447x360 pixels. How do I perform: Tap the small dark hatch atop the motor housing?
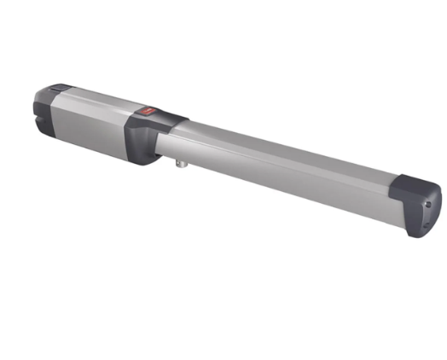pyautogui.click(x=57, y=87)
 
